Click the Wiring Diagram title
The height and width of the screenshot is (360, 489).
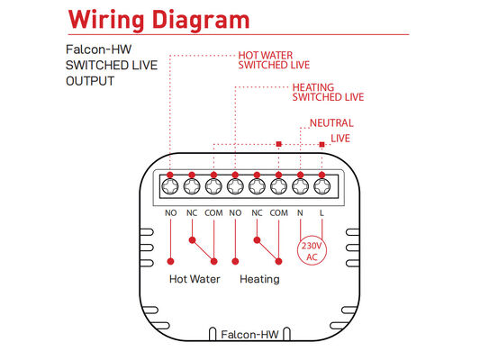(x=158, y=20)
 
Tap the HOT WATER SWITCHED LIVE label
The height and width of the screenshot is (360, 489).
(x=274, y=60)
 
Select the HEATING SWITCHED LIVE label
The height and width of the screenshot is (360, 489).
(x=328, y=93)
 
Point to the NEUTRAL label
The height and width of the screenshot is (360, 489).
(x=331, y=123)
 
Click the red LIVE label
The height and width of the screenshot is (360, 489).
(x=340, y=139)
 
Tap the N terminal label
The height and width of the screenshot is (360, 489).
(x=300, y=213)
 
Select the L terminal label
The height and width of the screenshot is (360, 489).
(x=321, y=213)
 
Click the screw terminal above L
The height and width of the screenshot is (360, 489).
(x=321, y=186)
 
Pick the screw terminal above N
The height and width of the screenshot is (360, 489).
(x=300, y=186)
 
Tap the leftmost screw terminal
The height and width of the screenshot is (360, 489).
(x=170, y=186)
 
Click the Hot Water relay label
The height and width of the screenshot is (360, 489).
(x=195, y=279)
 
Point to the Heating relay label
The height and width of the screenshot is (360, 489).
(x=259, y=279)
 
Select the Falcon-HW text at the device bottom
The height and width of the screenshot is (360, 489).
(x=249, y=335)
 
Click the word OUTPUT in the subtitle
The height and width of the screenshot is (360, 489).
(x=90, y=81)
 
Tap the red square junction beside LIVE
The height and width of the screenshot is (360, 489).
(x=321, y=144)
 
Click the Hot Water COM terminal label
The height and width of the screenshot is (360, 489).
(x=213, y=213)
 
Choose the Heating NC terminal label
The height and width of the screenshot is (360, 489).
(x=257, y=213)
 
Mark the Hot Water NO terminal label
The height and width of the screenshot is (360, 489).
(x=171, y=213)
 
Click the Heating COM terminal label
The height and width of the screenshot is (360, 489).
(x=279, y=213)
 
